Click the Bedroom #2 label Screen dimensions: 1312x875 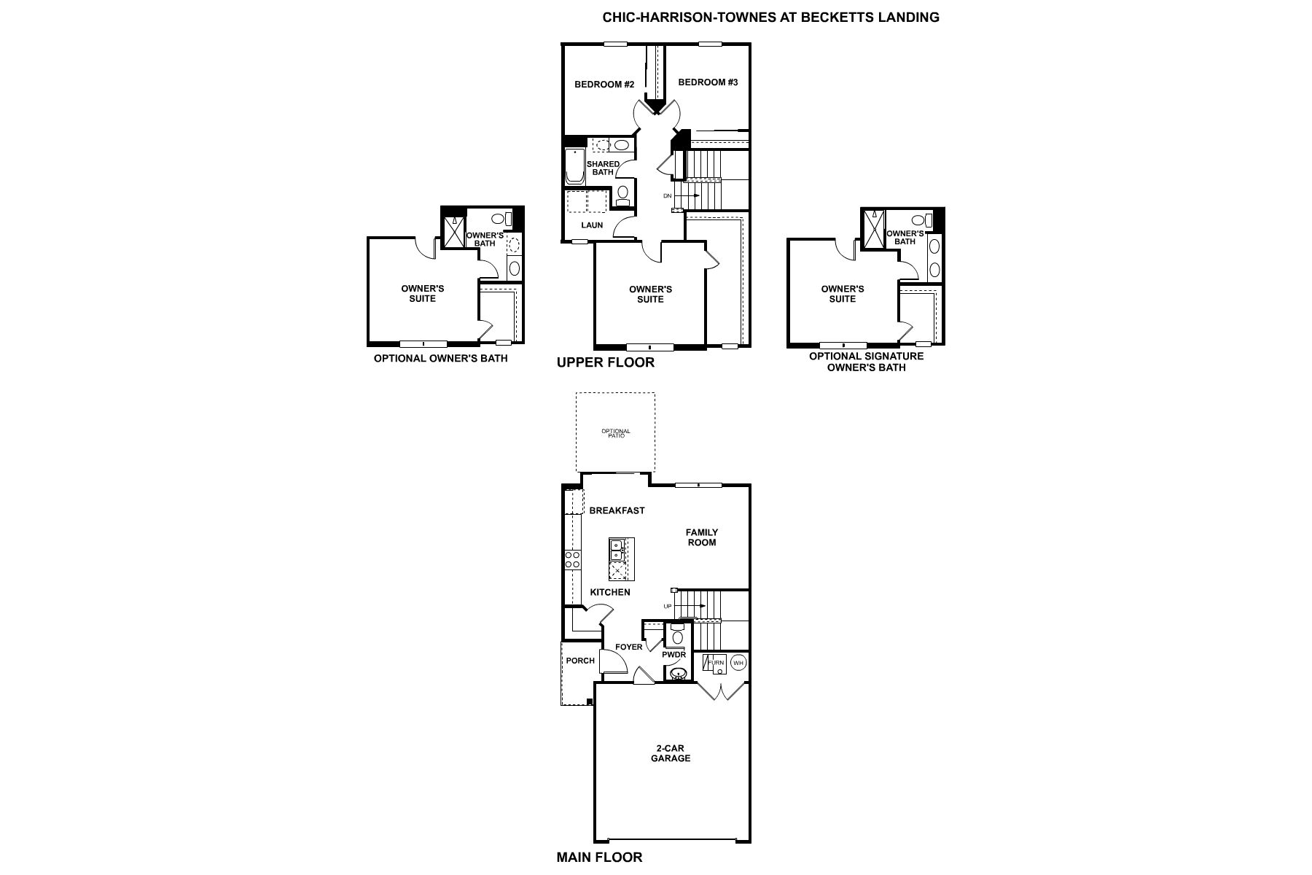604,85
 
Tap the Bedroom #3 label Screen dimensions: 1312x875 708,82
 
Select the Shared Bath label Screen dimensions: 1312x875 603,168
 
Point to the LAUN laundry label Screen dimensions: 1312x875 592,225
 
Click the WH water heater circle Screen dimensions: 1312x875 738,663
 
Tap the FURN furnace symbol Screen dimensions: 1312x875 715,663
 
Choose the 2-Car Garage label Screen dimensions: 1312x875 671,753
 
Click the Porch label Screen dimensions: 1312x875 580,661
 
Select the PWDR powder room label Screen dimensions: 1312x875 674,655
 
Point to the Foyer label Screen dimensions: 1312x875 629,647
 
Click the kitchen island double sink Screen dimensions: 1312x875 617,547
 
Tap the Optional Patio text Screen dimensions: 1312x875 616,433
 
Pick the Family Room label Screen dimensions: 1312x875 702,537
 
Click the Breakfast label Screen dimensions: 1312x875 617,510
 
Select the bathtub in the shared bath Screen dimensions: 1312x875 572,166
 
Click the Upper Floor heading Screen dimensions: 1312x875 606,362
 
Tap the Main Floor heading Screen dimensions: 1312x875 600,857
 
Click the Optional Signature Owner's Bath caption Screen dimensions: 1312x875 867,362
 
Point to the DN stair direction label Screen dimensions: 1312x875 667,196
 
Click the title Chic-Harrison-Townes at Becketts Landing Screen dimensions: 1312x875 770,17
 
